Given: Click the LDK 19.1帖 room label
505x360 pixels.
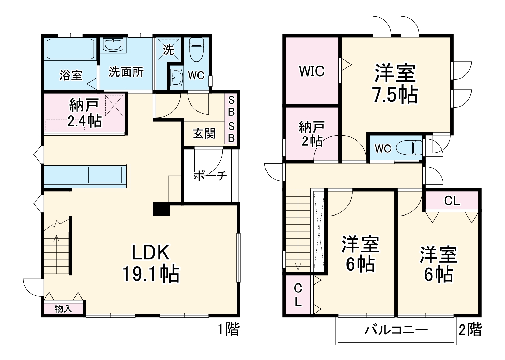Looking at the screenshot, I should [151, 263].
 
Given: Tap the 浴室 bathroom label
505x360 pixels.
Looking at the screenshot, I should [71, 75].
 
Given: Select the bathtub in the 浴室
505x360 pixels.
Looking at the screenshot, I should [70, 50].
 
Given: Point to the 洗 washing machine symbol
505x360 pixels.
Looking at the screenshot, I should [168, 50].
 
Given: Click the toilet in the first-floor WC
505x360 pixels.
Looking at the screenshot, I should [196, 49].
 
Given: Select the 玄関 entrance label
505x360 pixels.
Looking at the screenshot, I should [204, 134].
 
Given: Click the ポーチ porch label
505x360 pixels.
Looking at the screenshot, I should [210, 176].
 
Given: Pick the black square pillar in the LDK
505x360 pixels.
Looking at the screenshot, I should [161, 209].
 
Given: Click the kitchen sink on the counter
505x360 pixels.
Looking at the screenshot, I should [105, 175].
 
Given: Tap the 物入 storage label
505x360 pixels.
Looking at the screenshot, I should [64, 309].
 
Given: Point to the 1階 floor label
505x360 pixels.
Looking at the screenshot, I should [229, 329].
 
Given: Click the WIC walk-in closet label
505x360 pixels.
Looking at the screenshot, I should [311, 71].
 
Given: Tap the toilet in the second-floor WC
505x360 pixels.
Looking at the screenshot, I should [409, 148].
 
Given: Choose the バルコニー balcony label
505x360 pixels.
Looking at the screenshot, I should [396, 330].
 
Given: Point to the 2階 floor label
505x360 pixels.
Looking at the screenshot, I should [470, 330].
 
